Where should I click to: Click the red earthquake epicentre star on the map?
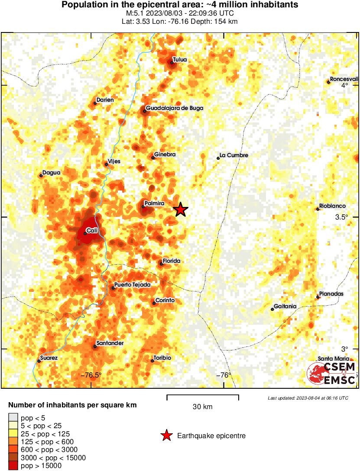pos(181,210)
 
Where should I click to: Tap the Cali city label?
pos(91,231)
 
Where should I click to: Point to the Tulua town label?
pos(180,60)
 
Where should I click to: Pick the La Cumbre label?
pos(234,155)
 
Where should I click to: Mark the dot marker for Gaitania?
pos(272,309)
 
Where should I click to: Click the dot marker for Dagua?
pos(41,175)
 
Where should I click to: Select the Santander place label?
pos(110,343)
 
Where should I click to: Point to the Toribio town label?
pos(163,358)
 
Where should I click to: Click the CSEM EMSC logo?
pos(331,373)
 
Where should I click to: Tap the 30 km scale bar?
pos(203,395)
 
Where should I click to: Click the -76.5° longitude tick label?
pos(91,375)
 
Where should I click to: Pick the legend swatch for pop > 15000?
pos(13,465)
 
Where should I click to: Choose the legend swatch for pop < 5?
pos(13,418)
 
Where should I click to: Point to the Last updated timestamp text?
pos(308,398)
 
